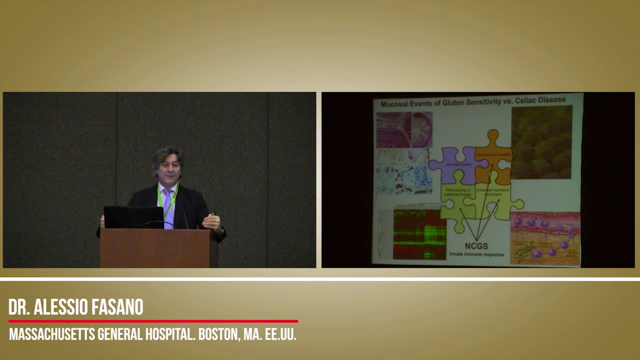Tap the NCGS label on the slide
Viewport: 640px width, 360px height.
[x=475, y=246]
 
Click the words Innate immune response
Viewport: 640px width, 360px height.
[x=475, y=254]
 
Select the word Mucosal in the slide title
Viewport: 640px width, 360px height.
[x=395, y=104]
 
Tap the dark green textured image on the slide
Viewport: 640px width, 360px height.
[x=541, y=142]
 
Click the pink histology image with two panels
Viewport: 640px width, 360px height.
[x=404, y=129]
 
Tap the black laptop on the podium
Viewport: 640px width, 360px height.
[x=133, y=217]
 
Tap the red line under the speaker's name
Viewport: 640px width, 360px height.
[x=153, y=321]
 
